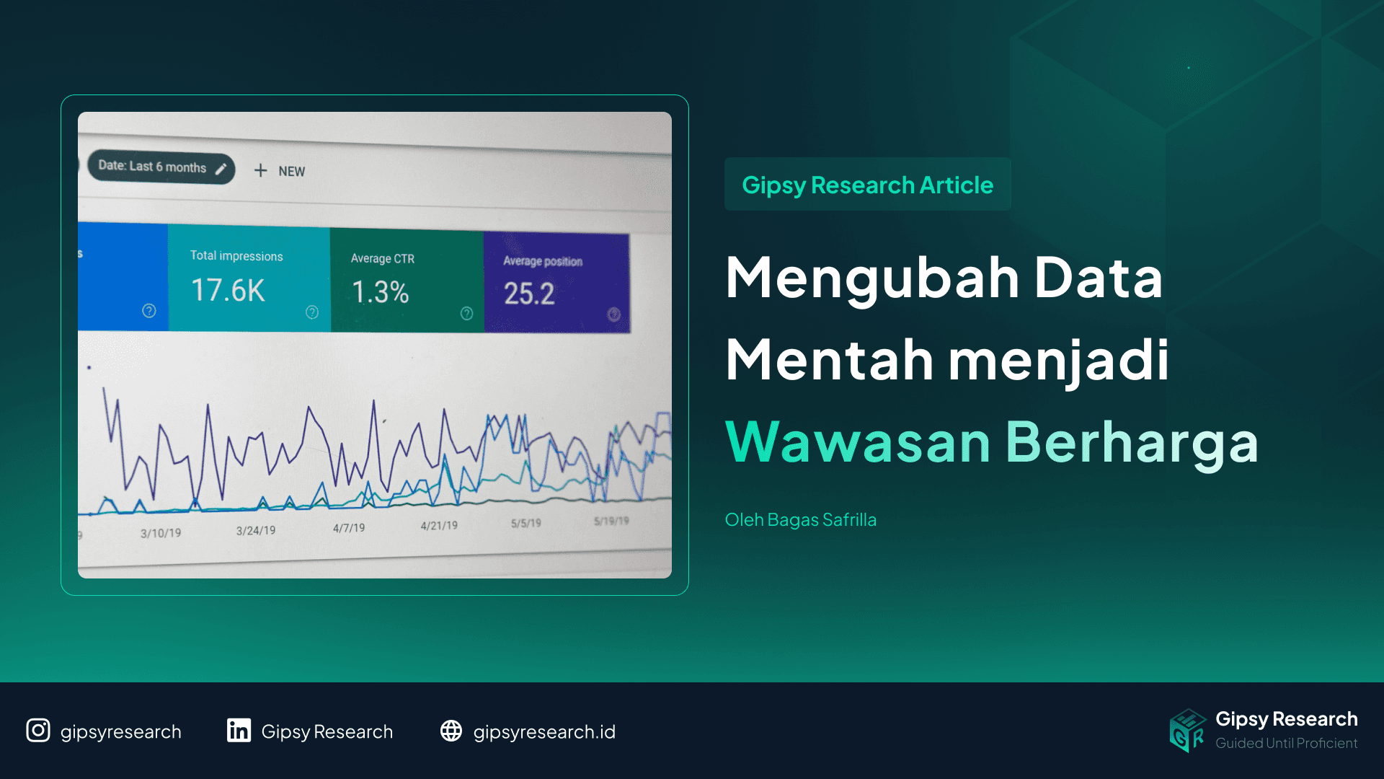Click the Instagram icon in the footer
[x=38, y=731]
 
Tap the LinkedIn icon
[x=239, y=731]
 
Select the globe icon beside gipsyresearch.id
[x=451, y=731]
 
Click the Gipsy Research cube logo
[x=1187, y=730]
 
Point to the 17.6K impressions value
[x=228, y=291]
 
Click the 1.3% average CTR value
[x=380, y=292]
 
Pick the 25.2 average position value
[x=529, y=294]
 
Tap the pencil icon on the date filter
[x=221, y=169]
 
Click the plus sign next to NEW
[x=260, y=170]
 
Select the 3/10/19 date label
[x=161, y=533]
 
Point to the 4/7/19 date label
[x=349, y=528]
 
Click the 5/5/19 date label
[x=525, y=523]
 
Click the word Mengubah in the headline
[x=872, y=278]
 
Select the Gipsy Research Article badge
[x=867, y=185]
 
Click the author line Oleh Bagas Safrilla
[x=800, y=519]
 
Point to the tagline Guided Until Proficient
[x=1286, y=743]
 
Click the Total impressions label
[x=236, y=256]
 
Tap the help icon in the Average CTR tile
[x=467, y=313]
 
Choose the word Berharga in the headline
[x=1132, y=442]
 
